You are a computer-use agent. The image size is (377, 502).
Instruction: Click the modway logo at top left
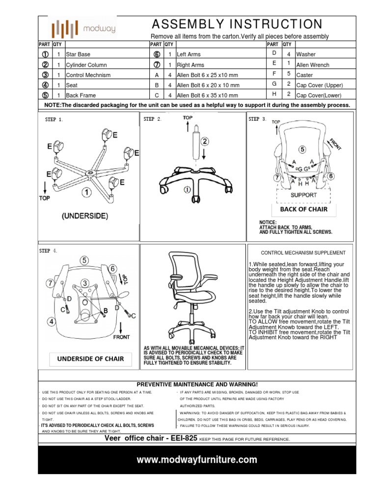tap(84, 28)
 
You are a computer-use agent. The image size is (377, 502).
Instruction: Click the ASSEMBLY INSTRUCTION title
tap(237, 25)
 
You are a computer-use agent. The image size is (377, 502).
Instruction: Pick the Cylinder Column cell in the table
tap(83, 65)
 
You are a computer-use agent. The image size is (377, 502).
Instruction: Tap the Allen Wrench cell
tap(313, 64)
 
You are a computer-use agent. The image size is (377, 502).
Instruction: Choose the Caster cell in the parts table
tap(306, 75)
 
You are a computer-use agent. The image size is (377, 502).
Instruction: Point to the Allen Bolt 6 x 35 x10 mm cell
tap(208, 96)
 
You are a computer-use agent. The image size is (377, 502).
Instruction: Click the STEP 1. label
tap(54, 119)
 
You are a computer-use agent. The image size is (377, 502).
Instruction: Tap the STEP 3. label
tap(258, 119)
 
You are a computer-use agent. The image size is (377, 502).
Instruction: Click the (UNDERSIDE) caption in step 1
tap(85, 215)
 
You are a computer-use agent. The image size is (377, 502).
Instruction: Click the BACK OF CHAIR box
tap(304, 209)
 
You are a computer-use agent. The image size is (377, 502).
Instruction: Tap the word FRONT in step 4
tap(121, 337)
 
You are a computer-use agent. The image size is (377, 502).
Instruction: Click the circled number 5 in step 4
tap(84, 260)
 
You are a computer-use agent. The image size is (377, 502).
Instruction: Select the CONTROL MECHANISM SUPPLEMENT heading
tap(303, 253)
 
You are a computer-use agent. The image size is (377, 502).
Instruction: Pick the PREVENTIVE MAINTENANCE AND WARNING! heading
tap(197, 384)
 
